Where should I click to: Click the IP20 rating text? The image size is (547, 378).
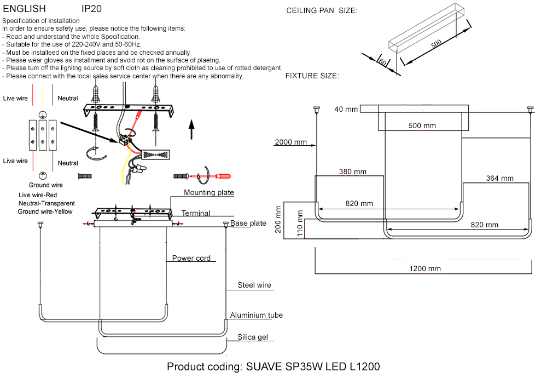coord(91,9)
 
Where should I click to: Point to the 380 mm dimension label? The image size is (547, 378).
coord(352,171)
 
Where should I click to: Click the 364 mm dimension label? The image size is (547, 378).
coord(499,178)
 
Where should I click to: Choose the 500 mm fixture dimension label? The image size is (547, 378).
coord(422,125)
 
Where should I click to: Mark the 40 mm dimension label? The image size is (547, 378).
coord(346,110)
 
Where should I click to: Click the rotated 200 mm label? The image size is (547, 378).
coord(278,220)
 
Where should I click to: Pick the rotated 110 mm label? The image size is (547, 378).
coord(299,222)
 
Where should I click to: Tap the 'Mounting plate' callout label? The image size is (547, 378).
coord(208,192)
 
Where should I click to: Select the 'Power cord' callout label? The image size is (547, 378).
coord(191,258)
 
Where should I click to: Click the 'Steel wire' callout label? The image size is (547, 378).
coord(254,285)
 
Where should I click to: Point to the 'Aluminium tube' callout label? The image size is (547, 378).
coord(256,315)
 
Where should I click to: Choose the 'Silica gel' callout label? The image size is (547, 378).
coord(252,337)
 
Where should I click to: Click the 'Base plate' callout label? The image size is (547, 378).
coord(248,224)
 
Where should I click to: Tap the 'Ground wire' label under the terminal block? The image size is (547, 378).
coord(46,185)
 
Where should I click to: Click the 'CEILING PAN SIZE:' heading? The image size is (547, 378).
coord(322,10)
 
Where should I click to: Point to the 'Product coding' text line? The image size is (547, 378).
coord(273,366)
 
